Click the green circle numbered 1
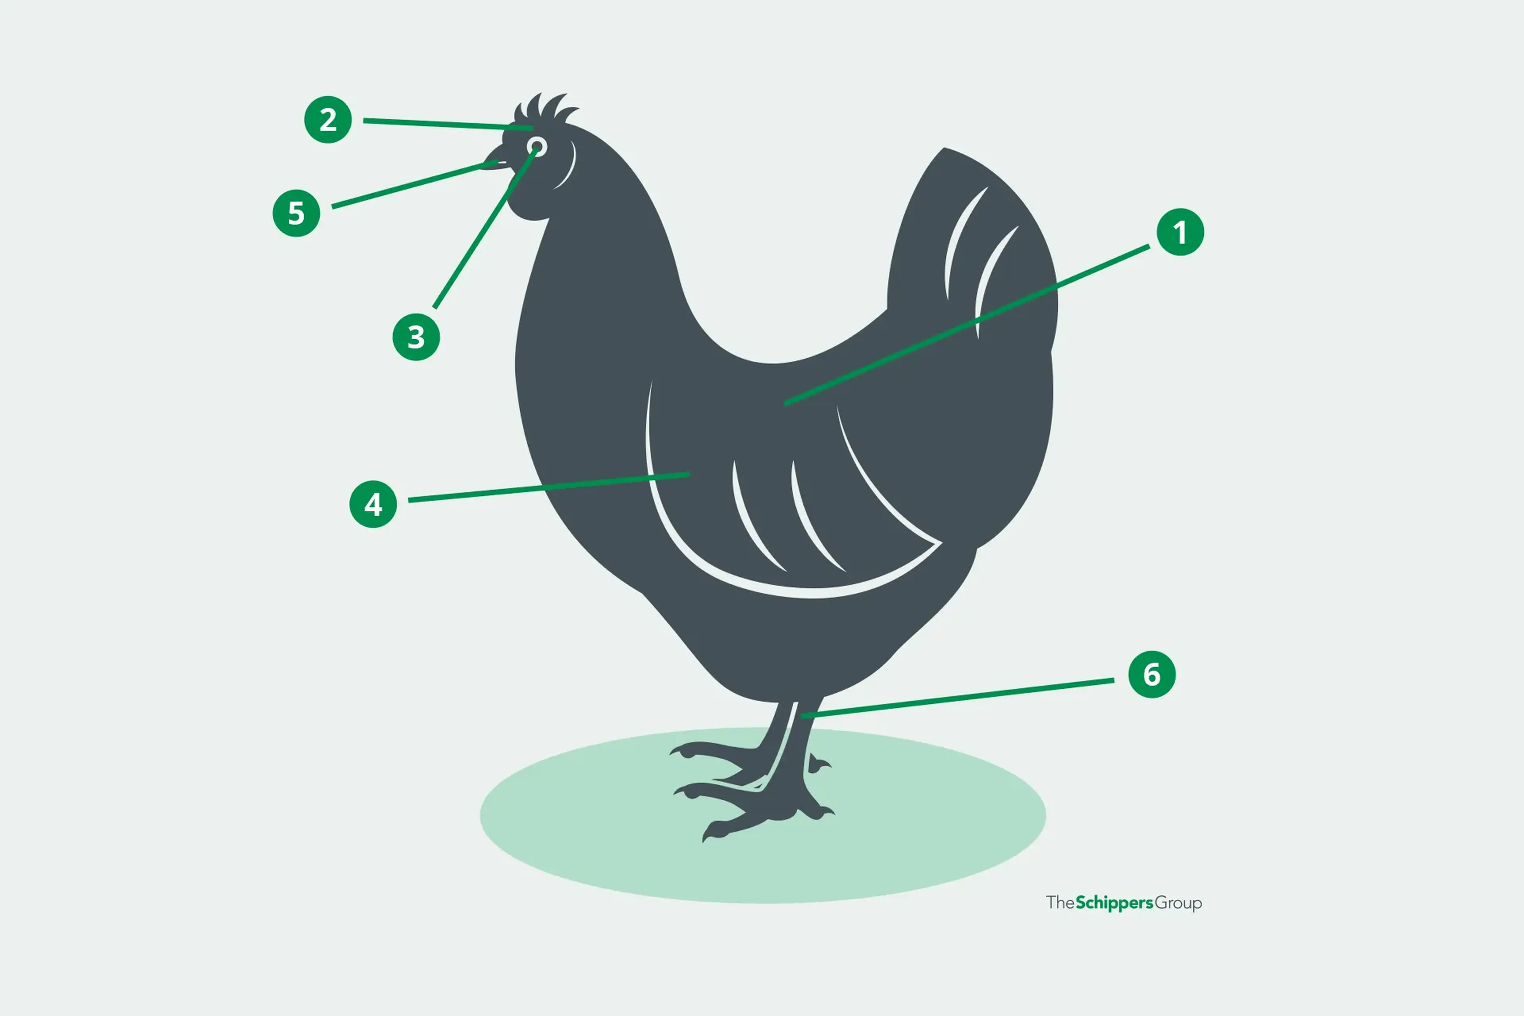point(1180,232)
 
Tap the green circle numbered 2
point(328,120)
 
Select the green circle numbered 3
point(416,337)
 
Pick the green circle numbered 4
point(373,504)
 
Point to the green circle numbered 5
point(296,213)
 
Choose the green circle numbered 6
point(1151,675)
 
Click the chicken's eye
point(537,146)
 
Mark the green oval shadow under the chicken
point(763,815)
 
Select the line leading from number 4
point(549,487)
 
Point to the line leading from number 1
point(967,325)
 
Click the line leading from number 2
point(448,124)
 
